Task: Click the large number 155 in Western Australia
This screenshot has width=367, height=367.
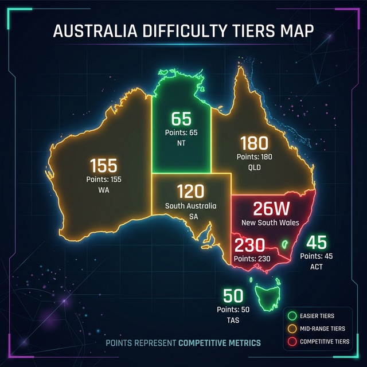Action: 104,166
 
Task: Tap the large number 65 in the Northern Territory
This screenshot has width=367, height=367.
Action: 181,120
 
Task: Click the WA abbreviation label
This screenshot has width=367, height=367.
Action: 104,190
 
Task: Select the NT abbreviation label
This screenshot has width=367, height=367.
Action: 181,143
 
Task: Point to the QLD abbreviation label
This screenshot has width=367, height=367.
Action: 255,167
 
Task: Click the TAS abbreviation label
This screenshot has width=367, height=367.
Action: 233,321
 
